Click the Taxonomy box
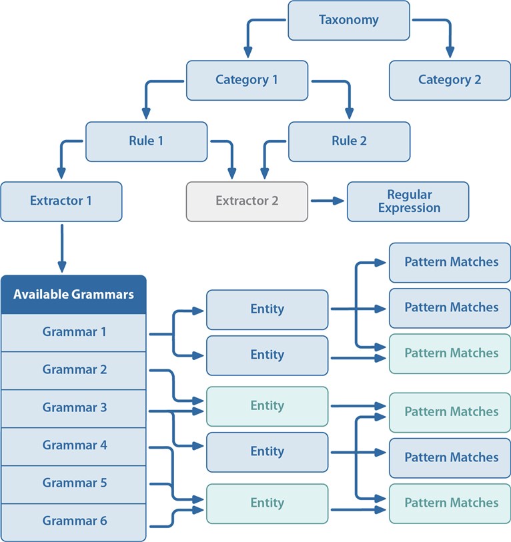[x=349, y=20]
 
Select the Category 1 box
[x=247, y=80]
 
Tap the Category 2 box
[x=450, y=80]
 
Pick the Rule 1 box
[x=146, y=141]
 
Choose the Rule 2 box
[x=349, y=141]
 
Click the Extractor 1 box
[x=61, y=201]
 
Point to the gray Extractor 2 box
[x=247, y=201]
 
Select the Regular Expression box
[x=408, y=201]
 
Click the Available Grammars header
[x=73, y=295]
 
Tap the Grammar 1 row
[x=73, y=333]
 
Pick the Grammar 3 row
[x=73, y=408]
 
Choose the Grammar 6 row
[x=73, y=522]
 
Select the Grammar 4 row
[x=73, y=446]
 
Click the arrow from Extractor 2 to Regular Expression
[x=328, y=201]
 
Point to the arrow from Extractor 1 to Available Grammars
[x=62, y=248]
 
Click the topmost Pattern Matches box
[x=450, y=263]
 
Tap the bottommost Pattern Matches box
[x=450, y=503]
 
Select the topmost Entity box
[x=267, y=309]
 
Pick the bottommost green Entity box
[x=267, y=503]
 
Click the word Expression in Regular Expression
[x=410, y=208]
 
